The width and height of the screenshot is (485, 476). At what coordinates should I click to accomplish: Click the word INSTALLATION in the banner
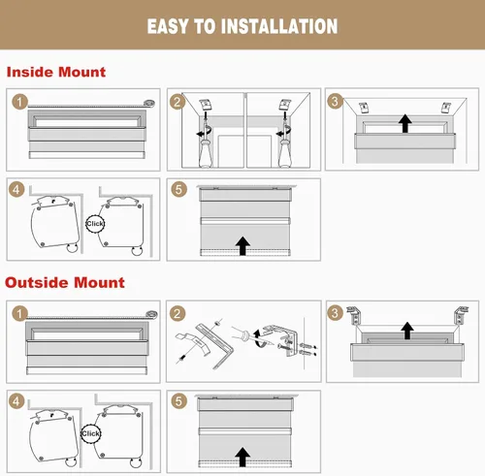[x=283, y=26]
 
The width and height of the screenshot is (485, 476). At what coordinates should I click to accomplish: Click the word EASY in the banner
[x=168, y=26]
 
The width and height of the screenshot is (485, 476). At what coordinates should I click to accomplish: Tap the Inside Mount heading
[x=56, y=72]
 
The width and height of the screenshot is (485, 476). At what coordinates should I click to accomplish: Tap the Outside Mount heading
[x=65, y=282]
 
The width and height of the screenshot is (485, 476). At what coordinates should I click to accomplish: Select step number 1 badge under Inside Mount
[x=19, y=102]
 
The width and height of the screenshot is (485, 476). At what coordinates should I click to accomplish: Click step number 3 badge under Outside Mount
[x=335, y=313]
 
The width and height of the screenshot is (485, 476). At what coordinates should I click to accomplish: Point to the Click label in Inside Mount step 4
[x=95, y=224]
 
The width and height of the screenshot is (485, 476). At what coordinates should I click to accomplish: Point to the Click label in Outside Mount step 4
[x=90, y=433]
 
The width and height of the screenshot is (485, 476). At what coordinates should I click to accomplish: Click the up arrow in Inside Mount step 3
[x=405, y=123]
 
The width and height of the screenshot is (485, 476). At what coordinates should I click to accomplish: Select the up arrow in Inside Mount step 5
[x=242, y=246]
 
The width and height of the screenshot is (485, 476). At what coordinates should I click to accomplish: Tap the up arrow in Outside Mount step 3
[x=407, y=331]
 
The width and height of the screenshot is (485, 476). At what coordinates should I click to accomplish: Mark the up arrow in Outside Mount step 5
[x=242, y=457]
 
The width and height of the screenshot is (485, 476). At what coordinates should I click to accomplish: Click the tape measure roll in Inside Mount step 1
[x=149, y=103]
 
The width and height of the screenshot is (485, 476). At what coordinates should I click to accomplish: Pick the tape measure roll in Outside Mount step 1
[x=151, y=314]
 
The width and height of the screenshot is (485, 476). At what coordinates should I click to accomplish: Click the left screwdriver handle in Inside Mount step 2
[x=206, y=153]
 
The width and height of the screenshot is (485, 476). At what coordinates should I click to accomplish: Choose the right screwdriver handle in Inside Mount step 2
[x=284, y=153]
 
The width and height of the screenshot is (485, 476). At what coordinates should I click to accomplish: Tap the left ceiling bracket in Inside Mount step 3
[x=364, y=108]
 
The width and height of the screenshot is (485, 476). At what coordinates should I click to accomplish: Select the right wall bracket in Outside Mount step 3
[x=461, y=315]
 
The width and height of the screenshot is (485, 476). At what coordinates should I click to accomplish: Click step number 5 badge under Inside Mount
[x=178, y=189]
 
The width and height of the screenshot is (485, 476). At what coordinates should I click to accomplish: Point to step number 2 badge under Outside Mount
[x=178, y=313]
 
